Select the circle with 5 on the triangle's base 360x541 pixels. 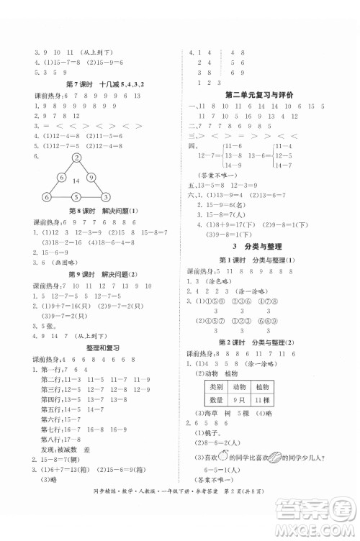click(75, 198)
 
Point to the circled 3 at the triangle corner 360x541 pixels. click(104, 198)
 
